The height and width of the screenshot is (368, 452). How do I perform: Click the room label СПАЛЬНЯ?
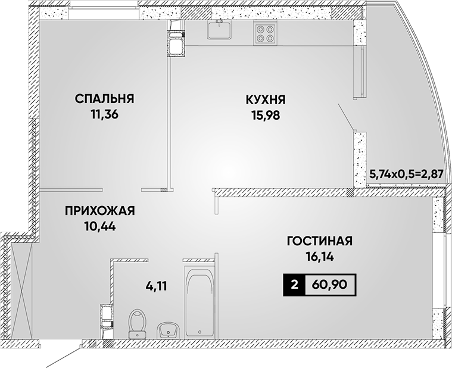[x=104, y=99]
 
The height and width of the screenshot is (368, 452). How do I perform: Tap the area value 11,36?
[x=104, y=115]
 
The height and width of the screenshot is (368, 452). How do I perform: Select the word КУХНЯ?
[x=266, y=100]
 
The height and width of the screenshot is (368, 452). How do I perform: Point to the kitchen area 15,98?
[x=266, y=116]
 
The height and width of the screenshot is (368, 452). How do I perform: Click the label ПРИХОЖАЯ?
[x=99, y=211]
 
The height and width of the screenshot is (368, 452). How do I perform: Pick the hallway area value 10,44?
[x=100, y=226]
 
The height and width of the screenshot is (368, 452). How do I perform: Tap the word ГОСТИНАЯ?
[x=320, y=241]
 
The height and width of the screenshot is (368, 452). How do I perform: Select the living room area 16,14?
[x=320, y=257]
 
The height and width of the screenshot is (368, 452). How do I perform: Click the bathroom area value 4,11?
[x=156, y=286]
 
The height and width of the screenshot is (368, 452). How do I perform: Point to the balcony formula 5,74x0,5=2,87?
[x=406, y=174]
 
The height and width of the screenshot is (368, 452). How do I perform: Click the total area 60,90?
[x=331, y=285]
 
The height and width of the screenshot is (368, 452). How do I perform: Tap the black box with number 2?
[x=294, y=285]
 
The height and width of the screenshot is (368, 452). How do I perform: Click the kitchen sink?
[x=219, y=29]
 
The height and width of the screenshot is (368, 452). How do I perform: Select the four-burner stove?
[x=265, y=33]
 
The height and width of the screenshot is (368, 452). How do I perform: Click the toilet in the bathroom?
[x=137, y=323]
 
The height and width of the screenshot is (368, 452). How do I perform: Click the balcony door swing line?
[x=346, y=117]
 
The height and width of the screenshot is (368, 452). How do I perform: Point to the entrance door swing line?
[x=63, y=357]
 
